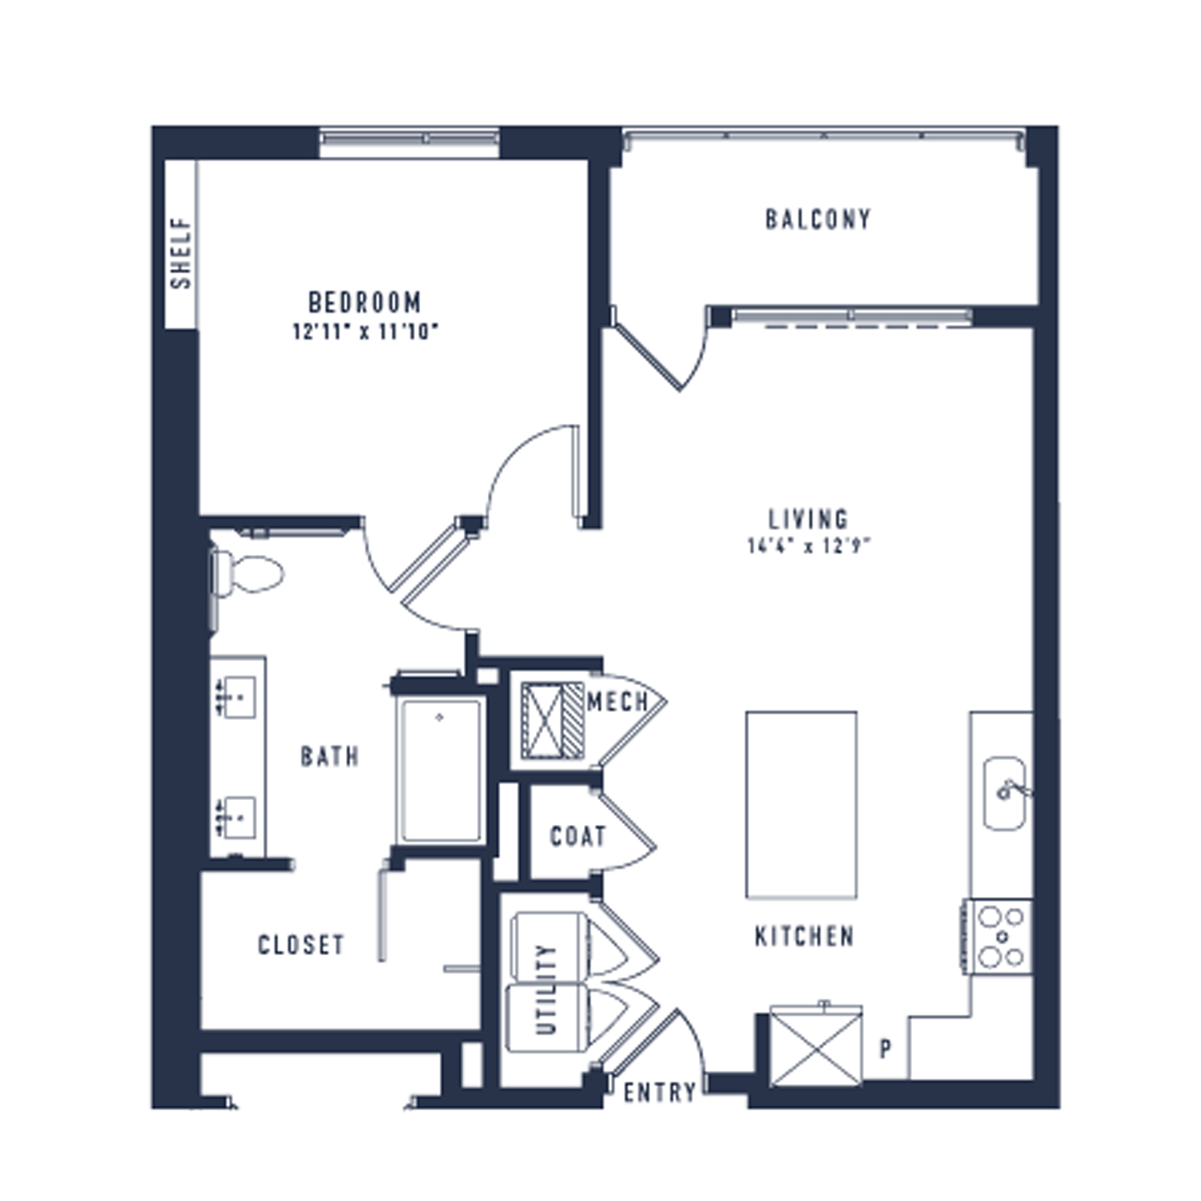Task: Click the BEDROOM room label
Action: (365, 302)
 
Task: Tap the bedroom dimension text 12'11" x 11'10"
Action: (365, 331)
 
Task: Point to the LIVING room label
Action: (808, 519)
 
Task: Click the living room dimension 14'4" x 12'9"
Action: (808, 546)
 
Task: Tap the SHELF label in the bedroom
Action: (181, 253)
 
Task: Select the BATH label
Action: (330, 756)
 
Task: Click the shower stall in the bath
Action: (441, 772)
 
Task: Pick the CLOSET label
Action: (301, 945)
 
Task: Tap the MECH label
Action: (618, 702)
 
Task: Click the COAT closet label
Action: (578, 837)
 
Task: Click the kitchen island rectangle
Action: (801, 804)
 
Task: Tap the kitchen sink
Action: (1006, 793)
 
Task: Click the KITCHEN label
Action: (804, 936)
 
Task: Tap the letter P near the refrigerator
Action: (885, 1049)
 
